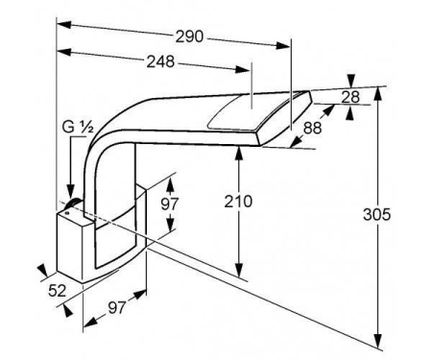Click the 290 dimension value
189,36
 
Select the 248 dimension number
160,61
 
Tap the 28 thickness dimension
350,97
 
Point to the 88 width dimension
312,128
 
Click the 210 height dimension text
238,202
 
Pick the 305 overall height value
377,214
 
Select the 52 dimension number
58,291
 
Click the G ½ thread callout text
78,127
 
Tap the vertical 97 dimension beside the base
170,204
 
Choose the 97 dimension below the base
117,308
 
